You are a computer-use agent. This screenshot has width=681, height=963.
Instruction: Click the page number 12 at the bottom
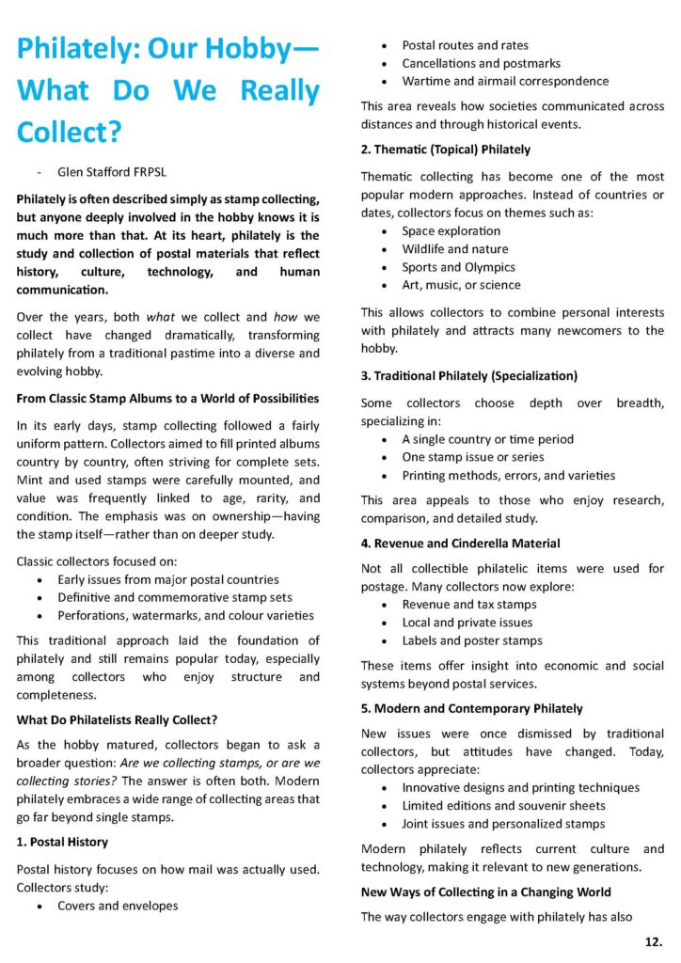coord(653,941)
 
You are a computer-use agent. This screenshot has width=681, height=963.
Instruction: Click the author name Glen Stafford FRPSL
coord(112,172)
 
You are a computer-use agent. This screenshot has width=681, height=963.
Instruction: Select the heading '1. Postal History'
coord(62,842)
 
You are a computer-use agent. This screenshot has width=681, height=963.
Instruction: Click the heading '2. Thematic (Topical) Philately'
coord(446,150)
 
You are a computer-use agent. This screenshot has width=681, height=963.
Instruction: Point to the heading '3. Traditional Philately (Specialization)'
coord(469,376)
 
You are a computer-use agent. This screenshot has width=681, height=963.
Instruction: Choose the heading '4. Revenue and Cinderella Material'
coord(460,544)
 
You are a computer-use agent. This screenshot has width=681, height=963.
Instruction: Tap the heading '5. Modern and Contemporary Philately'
coord(471,708)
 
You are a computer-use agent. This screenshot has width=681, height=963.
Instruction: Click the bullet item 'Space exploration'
coord(451,231)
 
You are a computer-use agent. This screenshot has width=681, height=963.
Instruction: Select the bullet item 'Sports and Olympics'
coord(458,267)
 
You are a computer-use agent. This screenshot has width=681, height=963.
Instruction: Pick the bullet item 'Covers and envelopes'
coord(118,906)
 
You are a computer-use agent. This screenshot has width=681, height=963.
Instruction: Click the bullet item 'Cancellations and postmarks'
coord(481,63)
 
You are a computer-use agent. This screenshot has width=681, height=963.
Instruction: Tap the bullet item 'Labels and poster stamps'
coord(472,640)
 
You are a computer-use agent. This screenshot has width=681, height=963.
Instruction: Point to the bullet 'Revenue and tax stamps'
coord(469,605)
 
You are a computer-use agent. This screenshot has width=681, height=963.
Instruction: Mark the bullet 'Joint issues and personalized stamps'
coord(503,824)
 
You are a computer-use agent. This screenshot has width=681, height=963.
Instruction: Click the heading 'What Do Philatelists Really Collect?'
coord(117,719)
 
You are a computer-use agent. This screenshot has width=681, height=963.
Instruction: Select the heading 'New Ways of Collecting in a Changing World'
coord(486,892)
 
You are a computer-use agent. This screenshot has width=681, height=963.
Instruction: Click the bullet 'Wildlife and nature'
coord(455,249)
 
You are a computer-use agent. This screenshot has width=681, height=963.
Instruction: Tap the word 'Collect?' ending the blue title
coord(69,131)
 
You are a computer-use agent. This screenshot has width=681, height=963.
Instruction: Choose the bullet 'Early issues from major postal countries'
coord(168,580)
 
